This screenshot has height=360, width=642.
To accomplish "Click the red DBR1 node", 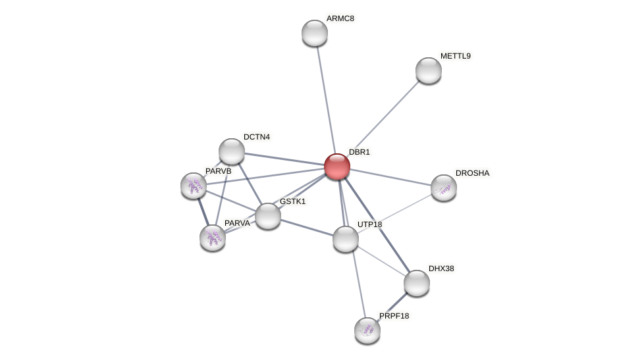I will point(336,167).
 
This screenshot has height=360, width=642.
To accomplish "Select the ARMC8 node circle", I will point(315,33).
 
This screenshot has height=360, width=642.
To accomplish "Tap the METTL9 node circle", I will point(429,70).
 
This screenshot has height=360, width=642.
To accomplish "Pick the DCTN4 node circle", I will point(232,151).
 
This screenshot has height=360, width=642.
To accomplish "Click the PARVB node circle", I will point(194,186).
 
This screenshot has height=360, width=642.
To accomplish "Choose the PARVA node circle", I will point(213,238).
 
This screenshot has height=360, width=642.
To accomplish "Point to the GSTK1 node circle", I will point(268,216).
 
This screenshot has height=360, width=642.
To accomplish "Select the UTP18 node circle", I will point(346,239).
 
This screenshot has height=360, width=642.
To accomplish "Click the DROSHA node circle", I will point(444,188).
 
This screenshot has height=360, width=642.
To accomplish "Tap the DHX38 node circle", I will point(417,283).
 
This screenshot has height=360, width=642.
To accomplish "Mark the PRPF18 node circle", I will point(367,330).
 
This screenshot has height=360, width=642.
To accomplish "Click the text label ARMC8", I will point(340,18).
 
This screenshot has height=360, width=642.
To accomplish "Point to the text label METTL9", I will point(456,56).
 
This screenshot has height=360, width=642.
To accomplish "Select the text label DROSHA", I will point(473,173).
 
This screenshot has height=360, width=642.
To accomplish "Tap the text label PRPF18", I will point(394,316).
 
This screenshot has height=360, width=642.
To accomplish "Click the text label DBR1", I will point(360,152).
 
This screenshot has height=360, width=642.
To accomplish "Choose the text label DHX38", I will point(441,269).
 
